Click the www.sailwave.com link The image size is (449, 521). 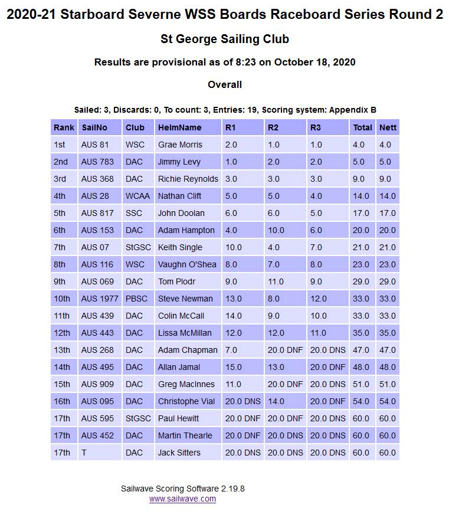(182, 499)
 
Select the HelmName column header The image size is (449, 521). (179, 127)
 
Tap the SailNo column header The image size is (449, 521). (94, 127)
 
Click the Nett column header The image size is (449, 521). (388, 127)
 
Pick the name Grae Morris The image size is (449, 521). (180, 145)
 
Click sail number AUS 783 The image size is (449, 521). (97, 162)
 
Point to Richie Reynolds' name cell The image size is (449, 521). (188, 179)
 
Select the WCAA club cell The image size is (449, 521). (136, 196)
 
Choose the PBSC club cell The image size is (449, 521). (136, 299)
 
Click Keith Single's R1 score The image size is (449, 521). (234, 247)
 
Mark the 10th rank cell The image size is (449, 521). (61, 299)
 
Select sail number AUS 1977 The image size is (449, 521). (100, 299)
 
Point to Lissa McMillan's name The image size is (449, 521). (185, 333)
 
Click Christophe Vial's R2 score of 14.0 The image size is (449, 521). (276, 401)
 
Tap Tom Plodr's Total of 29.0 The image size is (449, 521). (361, 281)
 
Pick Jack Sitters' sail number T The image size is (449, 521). (84, 453)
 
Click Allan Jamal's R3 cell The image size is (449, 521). (327, 367)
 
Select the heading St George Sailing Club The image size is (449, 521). (225, 40)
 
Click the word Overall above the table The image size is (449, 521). (225, 85)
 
